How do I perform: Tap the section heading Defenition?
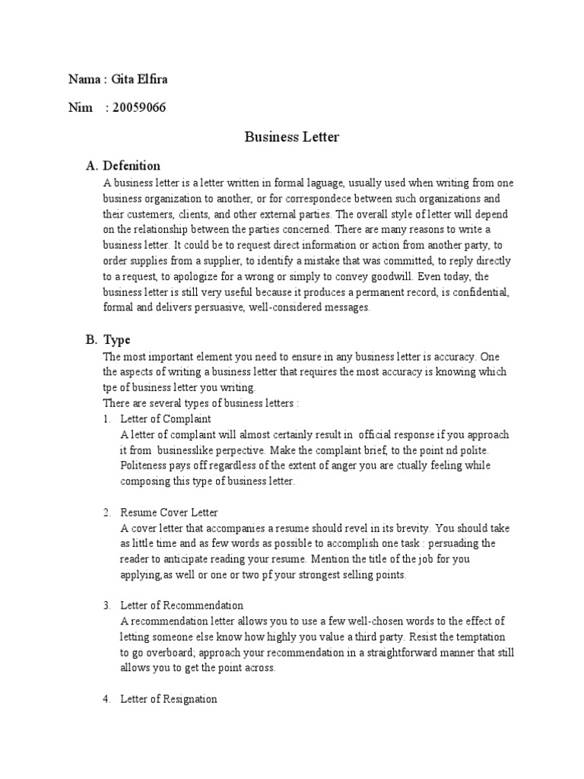(132, 165)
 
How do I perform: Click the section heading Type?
(117, 340)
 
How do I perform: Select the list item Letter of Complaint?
(166, 419)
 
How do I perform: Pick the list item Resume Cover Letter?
(169, 513)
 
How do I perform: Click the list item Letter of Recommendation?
(182, 606)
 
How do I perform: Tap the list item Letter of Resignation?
(169, 699)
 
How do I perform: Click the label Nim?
(80, 107)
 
